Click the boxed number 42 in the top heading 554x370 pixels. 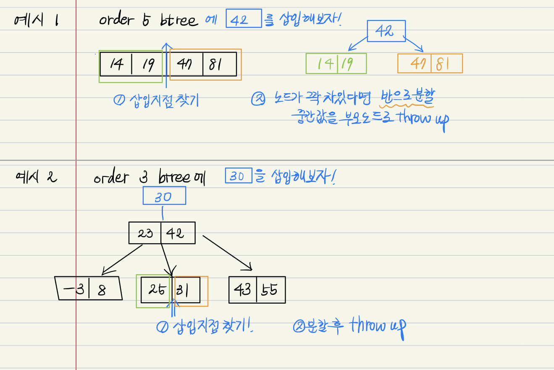pos(244,18)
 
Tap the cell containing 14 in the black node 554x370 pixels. pos(116,64)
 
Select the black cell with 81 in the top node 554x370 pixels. pos(219,64)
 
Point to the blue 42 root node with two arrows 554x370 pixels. pos(386,31)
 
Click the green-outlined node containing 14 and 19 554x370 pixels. pos(336,63)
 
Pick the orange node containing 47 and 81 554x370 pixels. pos(430,63)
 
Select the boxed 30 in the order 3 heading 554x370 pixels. pos(238,176)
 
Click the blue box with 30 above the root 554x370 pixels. pos(164,196)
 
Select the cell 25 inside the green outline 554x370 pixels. pos(156,289)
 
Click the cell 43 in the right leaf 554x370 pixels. pos(242,289)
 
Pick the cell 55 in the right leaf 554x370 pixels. pos(270,289)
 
